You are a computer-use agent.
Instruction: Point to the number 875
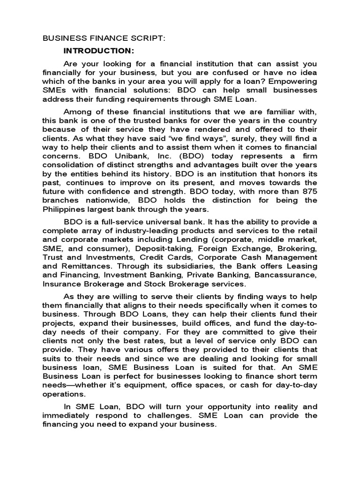(x=308, y=191)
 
